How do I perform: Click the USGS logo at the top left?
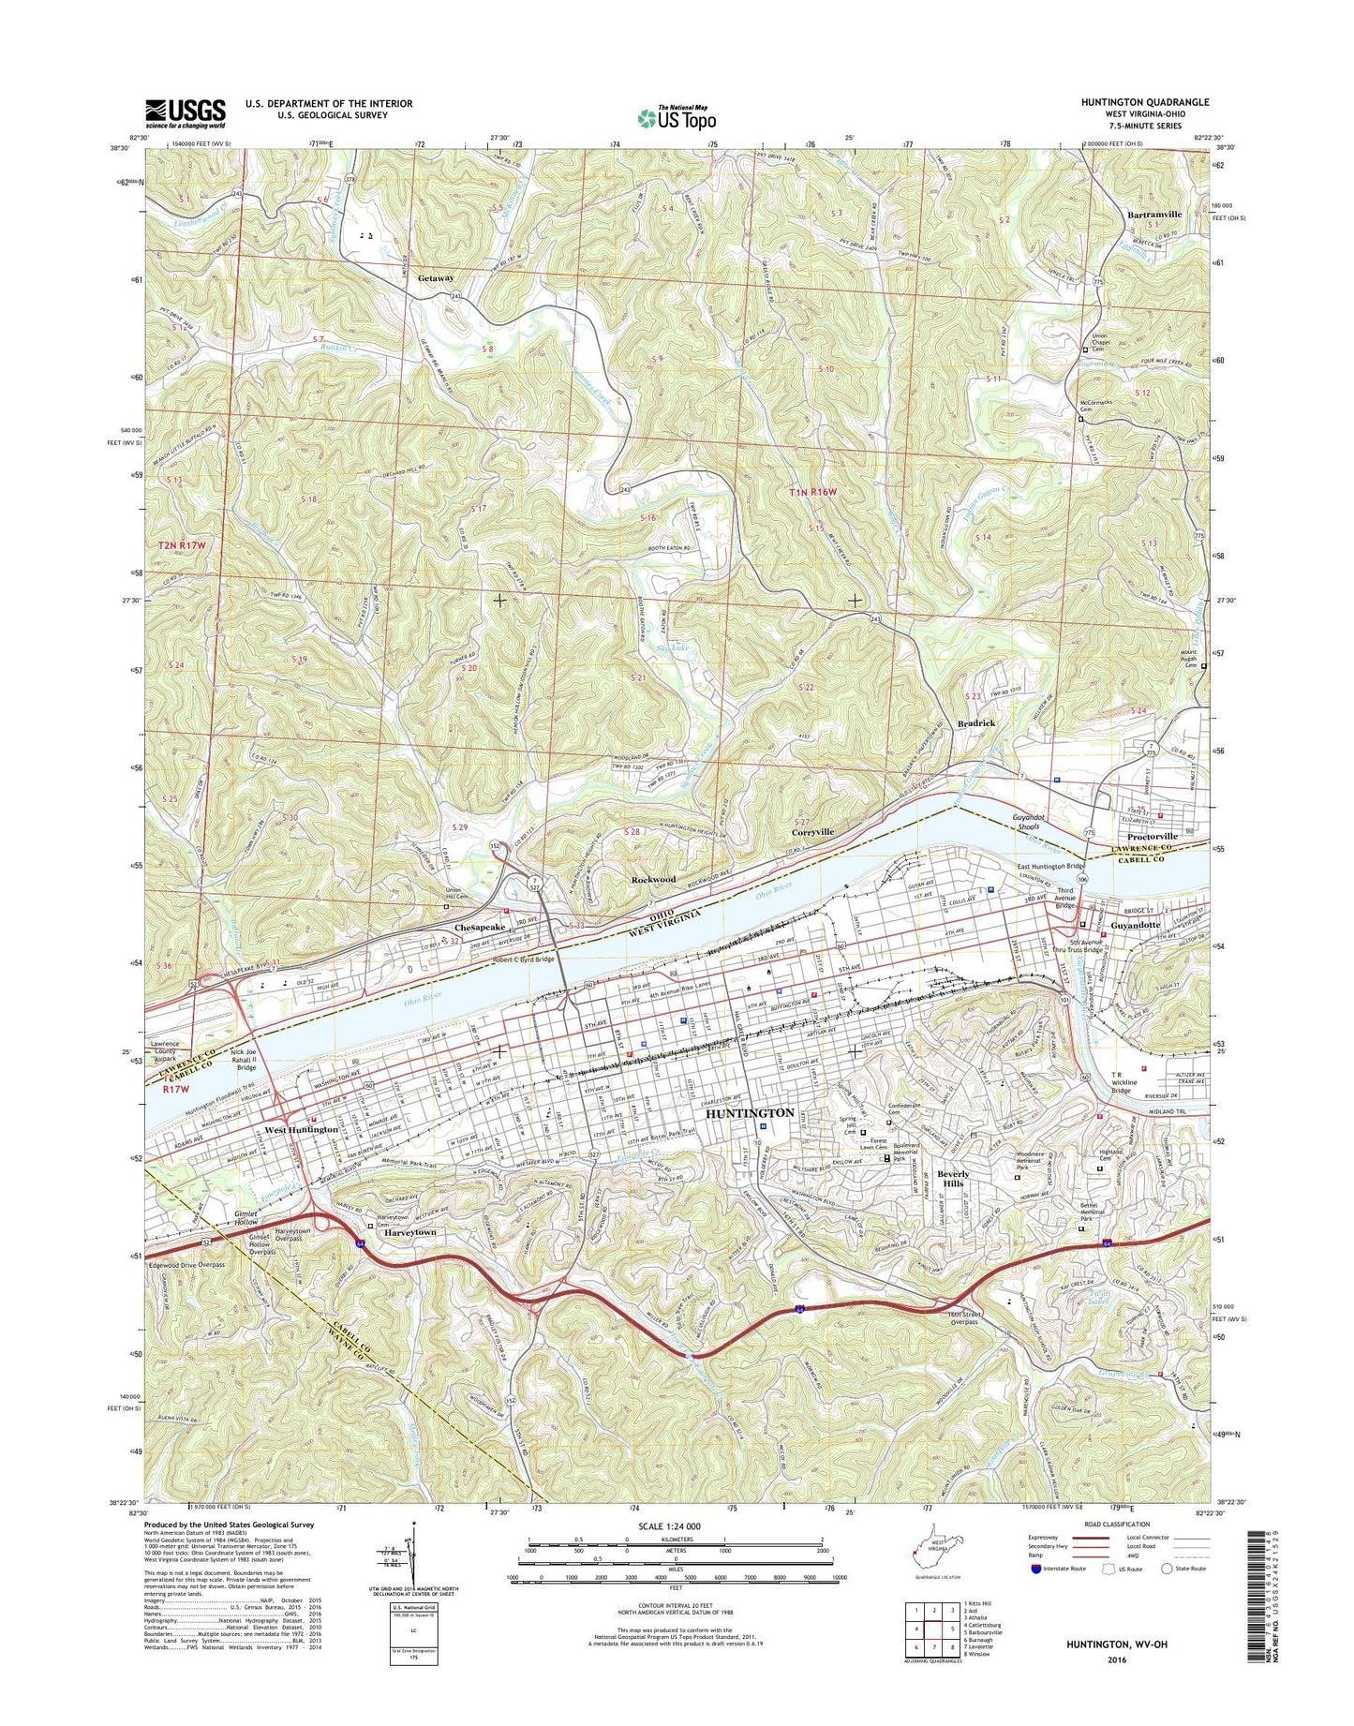pos(185,112)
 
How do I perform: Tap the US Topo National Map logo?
pos(677,117)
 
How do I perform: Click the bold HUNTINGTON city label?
pos(749,1112)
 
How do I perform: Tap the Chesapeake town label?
pos(480,927)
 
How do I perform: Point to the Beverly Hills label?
pos(954,1179)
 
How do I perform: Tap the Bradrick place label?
pos(975,723)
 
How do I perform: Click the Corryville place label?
pos(812,832)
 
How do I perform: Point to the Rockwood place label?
pos(653,880)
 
